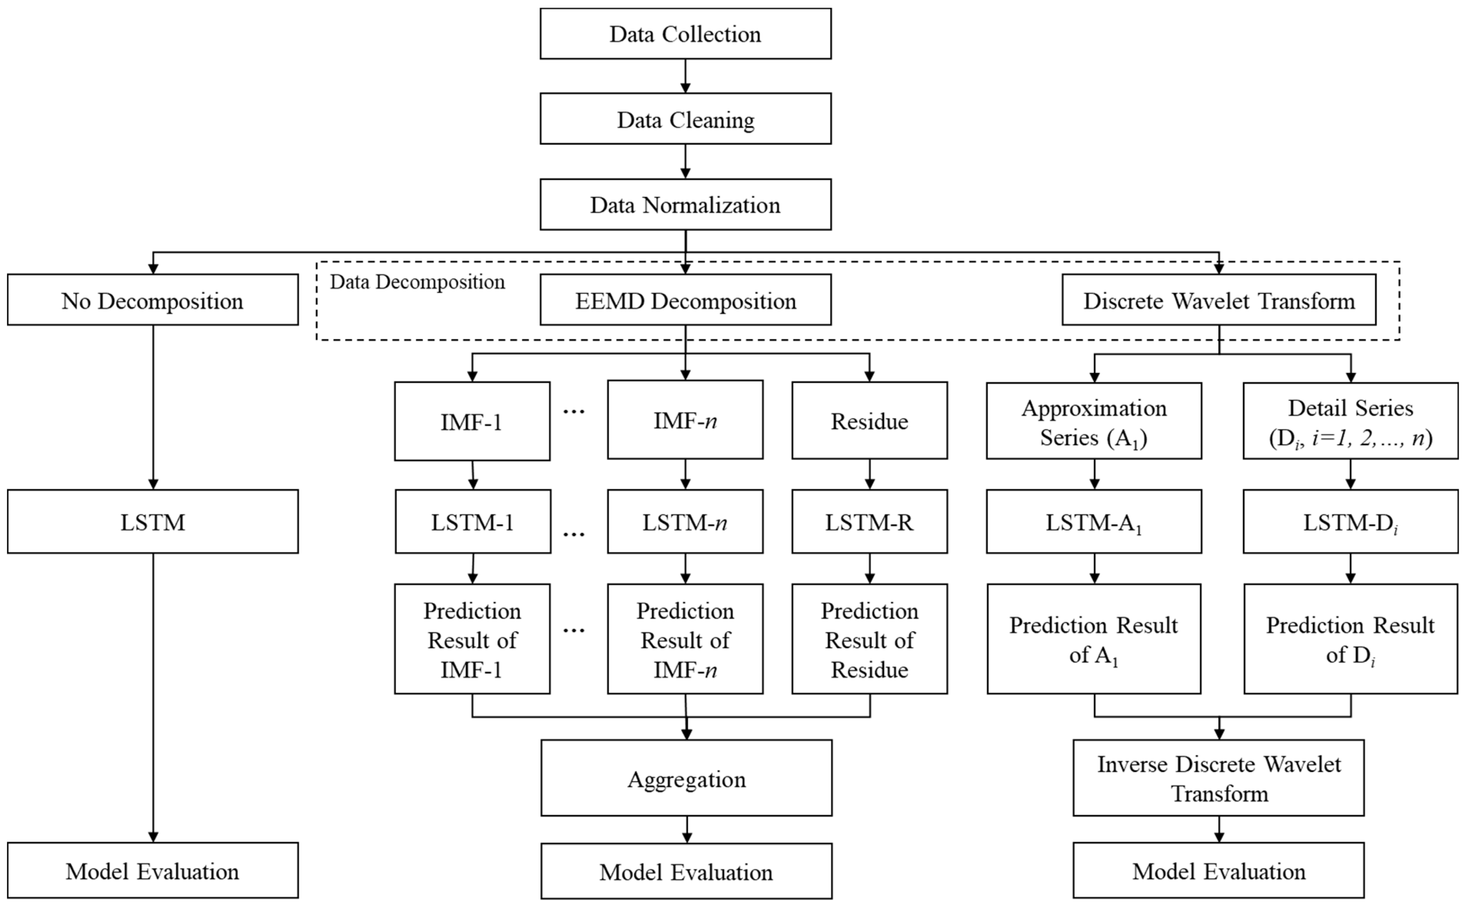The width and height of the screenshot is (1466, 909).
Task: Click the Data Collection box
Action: pos(685,34)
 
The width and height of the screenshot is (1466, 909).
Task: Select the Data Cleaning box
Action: pos(685,119)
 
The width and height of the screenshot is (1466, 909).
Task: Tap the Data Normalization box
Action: pos(685,204)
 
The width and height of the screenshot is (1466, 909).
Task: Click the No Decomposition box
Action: pos(153,300)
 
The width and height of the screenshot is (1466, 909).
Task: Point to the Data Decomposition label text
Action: pos(417,282)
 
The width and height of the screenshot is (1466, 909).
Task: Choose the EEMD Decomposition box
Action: pos(685,300)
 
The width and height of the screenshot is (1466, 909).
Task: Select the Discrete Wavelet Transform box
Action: pos(1219,300)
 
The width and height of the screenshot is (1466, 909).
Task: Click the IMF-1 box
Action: pos(472,421)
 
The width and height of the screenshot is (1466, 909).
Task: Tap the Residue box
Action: pos(869,421)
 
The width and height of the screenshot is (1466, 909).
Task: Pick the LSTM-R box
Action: pos(869,522)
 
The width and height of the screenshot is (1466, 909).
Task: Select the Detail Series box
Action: pos(1350,421)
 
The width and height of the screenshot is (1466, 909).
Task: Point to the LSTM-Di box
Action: pos(1350,522)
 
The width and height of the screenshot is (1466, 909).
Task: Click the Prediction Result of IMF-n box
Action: pos(685,639)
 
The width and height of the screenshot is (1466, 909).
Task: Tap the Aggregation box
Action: pos(686,778)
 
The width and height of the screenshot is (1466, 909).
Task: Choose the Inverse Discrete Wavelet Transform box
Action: pos(1219,778)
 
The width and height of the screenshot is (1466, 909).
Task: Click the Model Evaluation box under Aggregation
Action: pos(686,871)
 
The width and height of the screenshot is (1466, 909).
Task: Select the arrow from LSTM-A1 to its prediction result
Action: pos(1094,568)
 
